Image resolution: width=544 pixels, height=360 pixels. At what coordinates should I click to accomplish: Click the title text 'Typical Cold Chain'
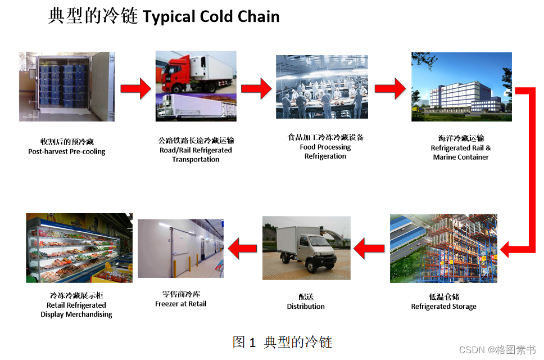coord(211,16)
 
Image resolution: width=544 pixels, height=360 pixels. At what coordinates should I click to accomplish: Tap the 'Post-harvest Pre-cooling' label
coord(66,151)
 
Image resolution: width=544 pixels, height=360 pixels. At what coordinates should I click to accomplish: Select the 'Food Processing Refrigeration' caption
coord(325,151)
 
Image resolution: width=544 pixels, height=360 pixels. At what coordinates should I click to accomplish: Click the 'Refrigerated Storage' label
coord(443,307)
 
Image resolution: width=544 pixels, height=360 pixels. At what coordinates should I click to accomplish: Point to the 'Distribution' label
coord(306,307)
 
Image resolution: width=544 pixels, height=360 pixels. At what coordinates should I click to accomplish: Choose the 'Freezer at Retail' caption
coord(181,304)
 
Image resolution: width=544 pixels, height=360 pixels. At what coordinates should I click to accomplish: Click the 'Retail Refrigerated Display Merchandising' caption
coord(76,310)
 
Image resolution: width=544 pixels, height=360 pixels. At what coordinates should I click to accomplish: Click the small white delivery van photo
coord(306,247)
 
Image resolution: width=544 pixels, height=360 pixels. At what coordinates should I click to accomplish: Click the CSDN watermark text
coord(497,350)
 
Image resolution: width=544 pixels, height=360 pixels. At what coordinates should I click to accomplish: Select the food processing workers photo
coord(321,87)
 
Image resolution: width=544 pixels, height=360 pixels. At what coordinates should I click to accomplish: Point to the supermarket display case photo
coord(79,247)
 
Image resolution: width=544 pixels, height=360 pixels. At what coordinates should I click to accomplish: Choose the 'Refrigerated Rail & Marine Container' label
coord(461,152)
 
